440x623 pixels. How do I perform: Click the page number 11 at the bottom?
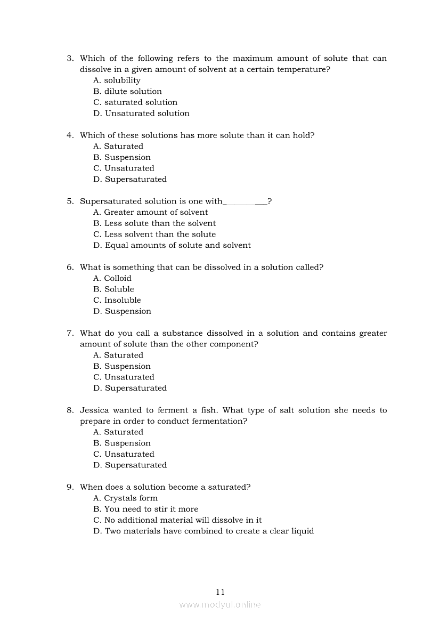coord(221,592)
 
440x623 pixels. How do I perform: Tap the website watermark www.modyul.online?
coord(220,604)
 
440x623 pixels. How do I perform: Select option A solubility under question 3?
coord(117,80)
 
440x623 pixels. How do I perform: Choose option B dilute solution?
coord(127,91)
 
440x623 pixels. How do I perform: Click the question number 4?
coord(70,135)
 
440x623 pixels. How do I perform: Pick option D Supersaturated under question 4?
coord(130,179)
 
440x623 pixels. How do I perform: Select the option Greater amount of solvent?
coord(150,212)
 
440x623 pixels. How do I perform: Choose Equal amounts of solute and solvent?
coord(172,245)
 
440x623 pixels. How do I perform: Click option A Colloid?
coord(112,278)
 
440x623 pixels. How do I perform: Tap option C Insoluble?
coord(117,300)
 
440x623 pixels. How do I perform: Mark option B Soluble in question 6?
coord(113,289)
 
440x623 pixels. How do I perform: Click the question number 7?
coord(70,333)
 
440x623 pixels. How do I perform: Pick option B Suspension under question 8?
coord(122,443)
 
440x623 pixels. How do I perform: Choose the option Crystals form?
coord(125,498)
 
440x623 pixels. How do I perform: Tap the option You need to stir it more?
coord(145,509)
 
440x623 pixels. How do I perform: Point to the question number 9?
coord(70,487)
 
